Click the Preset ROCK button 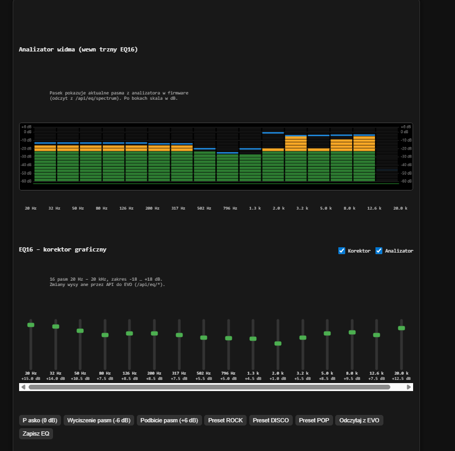click(225, 420)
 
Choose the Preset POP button click(314, 420)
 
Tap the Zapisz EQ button click(36, 433)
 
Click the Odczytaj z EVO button click(359, 420)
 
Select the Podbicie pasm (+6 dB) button click(169, 420)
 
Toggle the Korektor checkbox click(342, 251)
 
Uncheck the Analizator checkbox click(379, 251)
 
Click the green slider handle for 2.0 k click(278, 343)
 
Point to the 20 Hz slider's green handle click(31, 325)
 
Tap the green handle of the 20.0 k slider click(401, 328)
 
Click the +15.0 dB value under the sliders click(31, 378)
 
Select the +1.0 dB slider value click(278, 378)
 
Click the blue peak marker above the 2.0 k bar click(273, 133)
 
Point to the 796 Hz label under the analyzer click(230, 209)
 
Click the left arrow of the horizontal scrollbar click(23, 387)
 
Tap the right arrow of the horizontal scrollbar click(409, 387)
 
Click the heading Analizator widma click(78, 50)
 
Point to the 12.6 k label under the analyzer click(374, 209)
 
